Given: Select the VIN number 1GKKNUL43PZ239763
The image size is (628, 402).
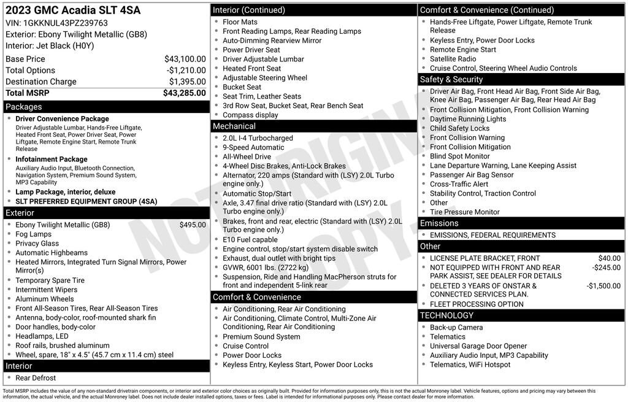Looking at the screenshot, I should point(65,23).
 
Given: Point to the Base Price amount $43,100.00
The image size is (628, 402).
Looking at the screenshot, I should point(185,59).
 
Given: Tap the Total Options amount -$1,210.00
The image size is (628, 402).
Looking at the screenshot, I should point(186,71).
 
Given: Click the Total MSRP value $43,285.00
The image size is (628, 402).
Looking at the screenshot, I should point(184,93).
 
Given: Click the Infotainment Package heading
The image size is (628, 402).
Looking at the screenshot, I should point(52,160).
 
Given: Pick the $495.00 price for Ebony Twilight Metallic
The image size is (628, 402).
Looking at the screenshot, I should point(193,225).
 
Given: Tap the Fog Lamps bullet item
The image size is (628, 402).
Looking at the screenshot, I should point(34,234).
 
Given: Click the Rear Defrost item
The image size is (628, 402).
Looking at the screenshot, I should point(36,378).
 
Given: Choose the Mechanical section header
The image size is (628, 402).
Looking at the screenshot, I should point(234,126).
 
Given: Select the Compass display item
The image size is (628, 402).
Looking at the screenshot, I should point(250,115).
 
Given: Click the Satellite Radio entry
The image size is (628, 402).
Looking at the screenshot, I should point(453,59).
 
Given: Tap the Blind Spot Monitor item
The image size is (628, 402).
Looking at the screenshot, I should point(460,156).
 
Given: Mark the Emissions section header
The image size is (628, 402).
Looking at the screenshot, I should point(439,223).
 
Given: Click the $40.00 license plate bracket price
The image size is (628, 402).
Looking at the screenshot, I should point(610,258).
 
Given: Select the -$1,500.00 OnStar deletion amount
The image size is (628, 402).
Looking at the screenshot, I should point(603,286).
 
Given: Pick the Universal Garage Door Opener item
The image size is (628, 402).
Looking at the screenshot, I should point(478,346).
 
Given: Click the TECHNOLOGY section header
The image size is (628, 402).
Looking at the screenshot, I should point(446,315).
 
